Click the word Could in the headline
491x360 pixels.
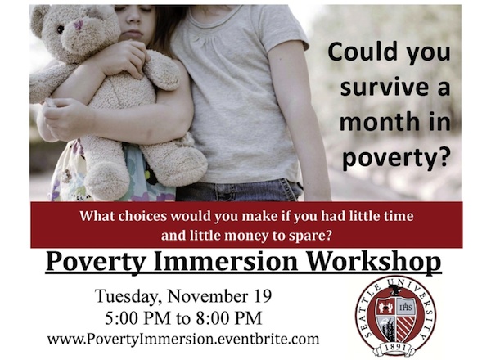point(360,52)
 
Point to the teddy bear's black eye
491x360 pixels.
point(61,29)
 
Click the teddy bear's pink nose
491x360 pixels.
point(79,25)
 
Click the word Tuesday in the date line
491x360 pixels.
point(128,296)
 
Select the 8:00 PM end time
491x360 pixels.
point(228,318)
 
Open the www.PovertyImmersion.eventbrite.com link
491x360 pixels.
point(183,339)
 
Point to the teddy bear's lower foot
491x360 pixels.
point(106,182)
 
